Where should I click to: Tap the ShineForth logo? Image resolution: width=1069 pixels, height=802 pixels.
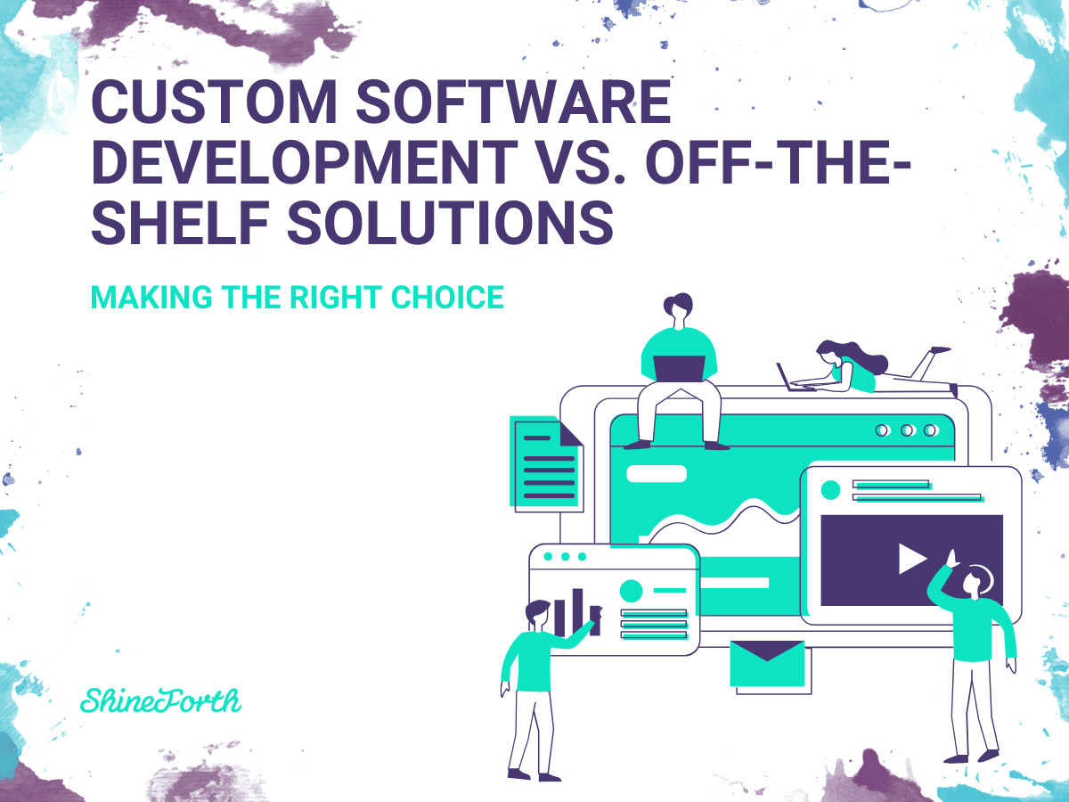point(160,700)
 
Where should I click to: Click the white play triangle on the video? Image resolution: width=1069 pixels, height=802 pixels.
point(911,559)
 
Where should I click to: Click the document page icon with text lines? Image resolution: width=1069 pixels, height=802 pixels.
point(545,463)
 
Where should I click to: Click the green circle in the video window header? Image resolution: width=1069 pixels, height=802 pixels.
point(830,489)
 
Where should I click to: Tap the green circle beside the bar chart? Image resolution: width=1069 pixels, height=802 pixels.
point(631,590)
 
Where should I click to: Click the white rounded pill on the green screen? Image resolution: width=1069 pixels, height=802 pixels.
point(657,474)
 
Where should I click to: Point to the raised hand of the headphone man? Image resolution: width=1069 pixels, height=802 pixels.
point(951,558)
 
